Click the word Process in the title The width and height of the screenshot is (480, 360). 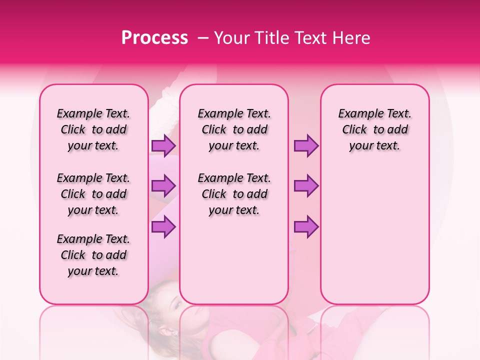154,38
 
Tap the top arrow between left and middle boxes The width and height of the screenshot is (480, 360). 163,145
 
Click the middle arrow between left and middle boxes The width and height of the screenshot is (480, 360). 163,186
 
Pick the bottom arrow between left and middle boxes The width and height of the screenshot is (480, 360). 163,226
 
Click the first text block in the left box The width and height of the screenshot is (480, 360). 93,129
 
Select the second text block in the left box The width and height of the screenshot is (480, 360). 93,194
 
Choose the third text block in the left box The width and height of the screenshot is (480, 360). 93,255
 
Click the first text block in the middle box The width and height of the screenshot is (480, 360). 234,129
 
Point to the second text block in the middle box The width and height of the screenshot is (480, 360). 234,194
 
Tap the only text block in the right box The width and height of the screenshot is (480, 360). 374,129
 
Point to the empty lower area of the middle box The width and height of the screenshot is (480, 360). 234,260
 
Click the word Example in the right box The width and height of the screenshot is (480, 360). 357,113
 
